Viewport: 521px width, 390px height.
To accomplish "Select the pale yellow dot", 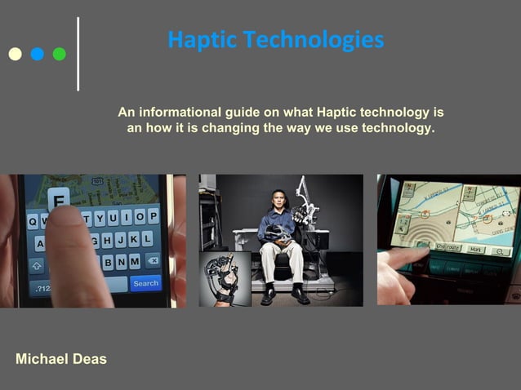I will [x=15, y=55].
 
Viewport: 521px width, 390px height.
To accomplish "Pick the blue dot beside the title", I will [x=38, y=55].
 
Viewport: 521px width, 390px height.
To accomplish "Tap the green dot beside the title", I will [x=60, y=55].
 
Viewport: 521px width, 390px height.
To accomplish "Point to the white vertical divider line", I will [x=78, y=53].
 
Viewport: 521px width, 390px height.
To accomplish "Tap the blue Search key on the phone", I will [x=145, y=283].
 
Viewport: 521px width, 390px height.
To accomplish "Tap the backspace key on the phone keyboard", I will [x=152, y=261].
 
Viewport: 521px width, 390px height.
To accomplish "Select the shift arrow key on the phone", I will [x=37, y=265].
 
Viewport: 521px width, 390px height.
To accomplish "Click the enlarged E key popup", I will [x=59, y=198].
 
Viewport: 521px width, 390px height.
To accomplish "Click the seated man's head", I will [x=276, y=200].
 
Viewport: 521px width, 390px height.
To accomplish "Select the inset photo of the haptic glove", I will [x=225, y=278].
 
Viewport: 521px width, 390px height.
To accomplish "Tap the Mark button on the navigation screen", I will [x=476, y=248].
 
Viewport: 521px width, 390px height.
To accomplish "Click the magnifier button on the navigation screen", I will [x=501, y=251].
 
